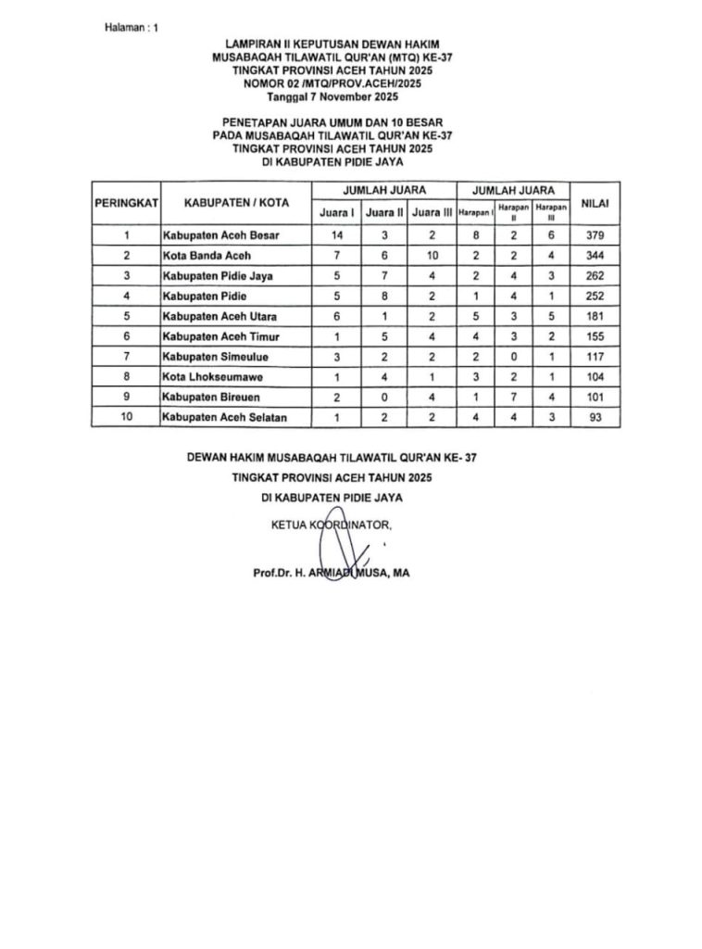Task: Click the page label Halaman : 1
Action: [x=132, y=28]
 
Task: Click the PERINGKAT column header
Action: [x=126, y=201]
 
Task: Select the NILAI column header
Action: [x=595, y=201]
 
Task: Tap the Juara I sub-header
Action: [x=337, y=212]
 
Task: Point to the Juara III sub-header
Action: [x=432, y=212]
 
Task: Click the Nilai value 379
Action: [x=595, y=235]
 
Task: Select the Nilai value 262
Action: [x=595, y=276]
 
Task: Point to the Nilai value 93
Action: [x=595, y=418]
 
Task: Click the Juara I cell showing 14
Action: [x=337, y=235]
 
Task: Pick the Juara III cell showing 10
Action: [x=432, y=256]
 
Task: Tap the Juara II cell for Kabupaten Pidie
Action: [x=383, y=297]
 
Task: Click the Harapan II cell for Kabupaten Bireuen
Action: [x=513, y=397]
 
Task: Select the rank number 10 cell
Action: [x=126, y=418]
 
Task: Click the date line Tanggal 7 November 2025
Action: [x=332, y=96]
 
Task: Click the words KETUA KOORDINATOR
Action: [x=332, y=525]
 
